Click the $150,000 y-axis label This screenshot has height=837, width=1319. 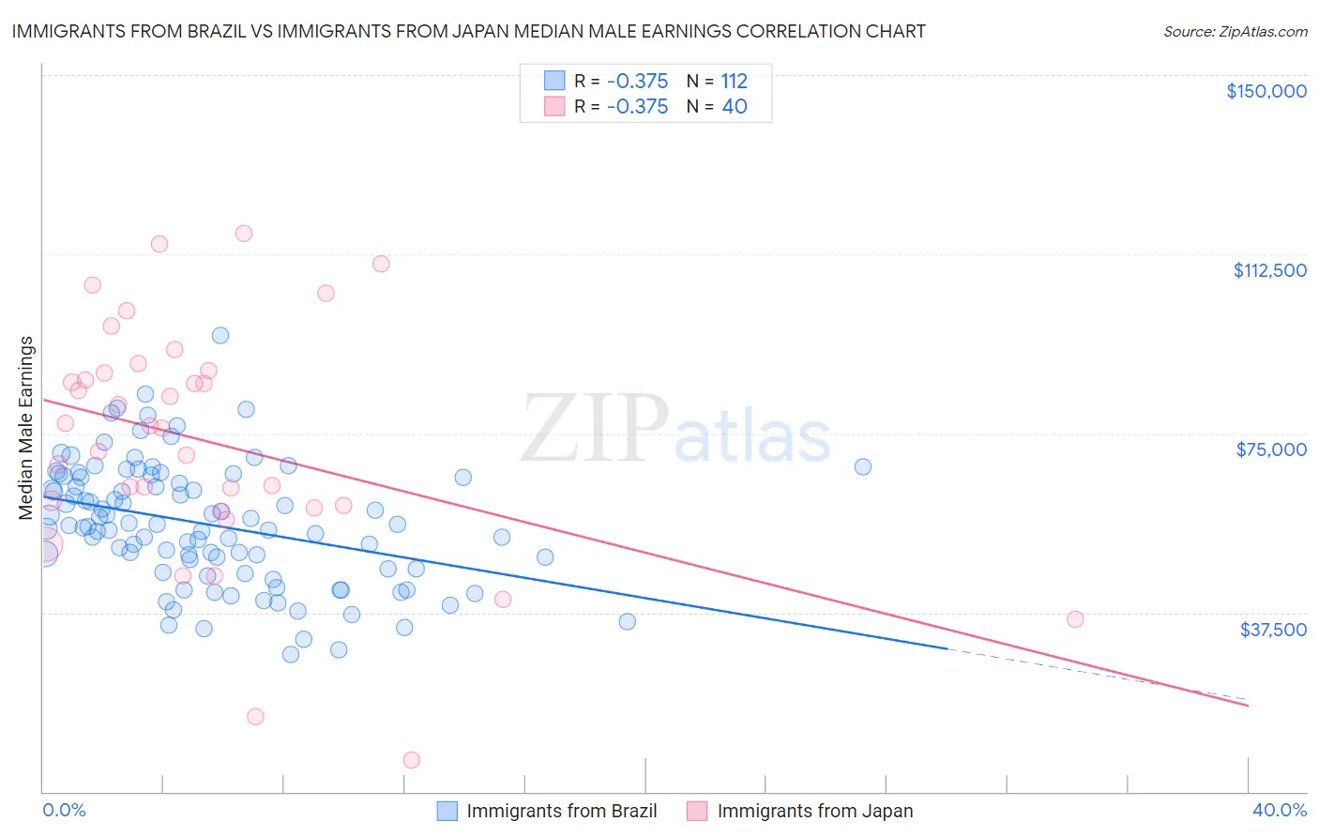pyautogui.click(x=1266, y=91)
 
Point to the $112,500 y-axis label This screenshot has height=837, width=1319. pyautogui.click(x=1269, y=270)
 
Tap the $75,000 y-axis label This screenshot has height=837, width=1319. pyautogui.click(x=1271, y=449)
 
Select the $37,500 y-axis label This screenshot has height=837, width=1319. pyautogui.click(x=1273, y=630)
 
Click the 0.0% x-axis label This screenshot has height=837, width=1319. pyautogui.click(x=64, y=810)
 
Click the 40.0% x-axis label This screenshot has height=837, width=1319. pyautogui.click(x=1279, y=810)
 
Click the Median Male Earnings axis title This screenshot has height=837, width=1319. pyautogui.click(x=26, y=428)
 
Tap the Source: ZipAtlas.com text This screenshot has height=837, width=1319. pyautogui.click(x=1235, y=32)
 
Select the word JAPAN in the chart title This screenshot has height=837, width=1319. pyautogui.click(x=541, y=32)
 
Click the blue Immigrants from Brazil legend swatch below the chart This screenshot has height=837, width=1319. pyautogui.click(x=447, y=811)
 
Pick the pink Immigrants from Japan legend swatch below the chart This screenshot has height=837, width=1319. pyautogui.click(x=697, y=811)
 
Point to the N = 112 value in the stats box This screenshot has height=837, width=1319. pyautogui.click(x=717, y=81)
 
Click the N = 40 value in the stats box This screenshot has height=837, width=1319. pyautogui.click(x=717, y=107)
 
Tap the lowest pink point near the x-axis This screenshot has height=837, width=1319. pyautogui.click(x=411, y=760)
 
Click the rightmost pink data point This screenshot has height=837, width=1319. pyautogui.click(x=1075, y=619)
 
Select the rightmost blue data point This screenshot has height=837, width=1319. pyautogui.click(x=863, y=466)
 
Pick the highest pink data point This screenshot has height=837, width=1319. pyautogui.click(x=244, y=233)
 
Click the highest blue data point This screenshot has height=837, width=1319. pyautogui.click(x=220, y=335)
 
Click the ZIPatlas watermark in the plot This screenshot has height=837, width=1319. pyautogui.click(x=675, y=429)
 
